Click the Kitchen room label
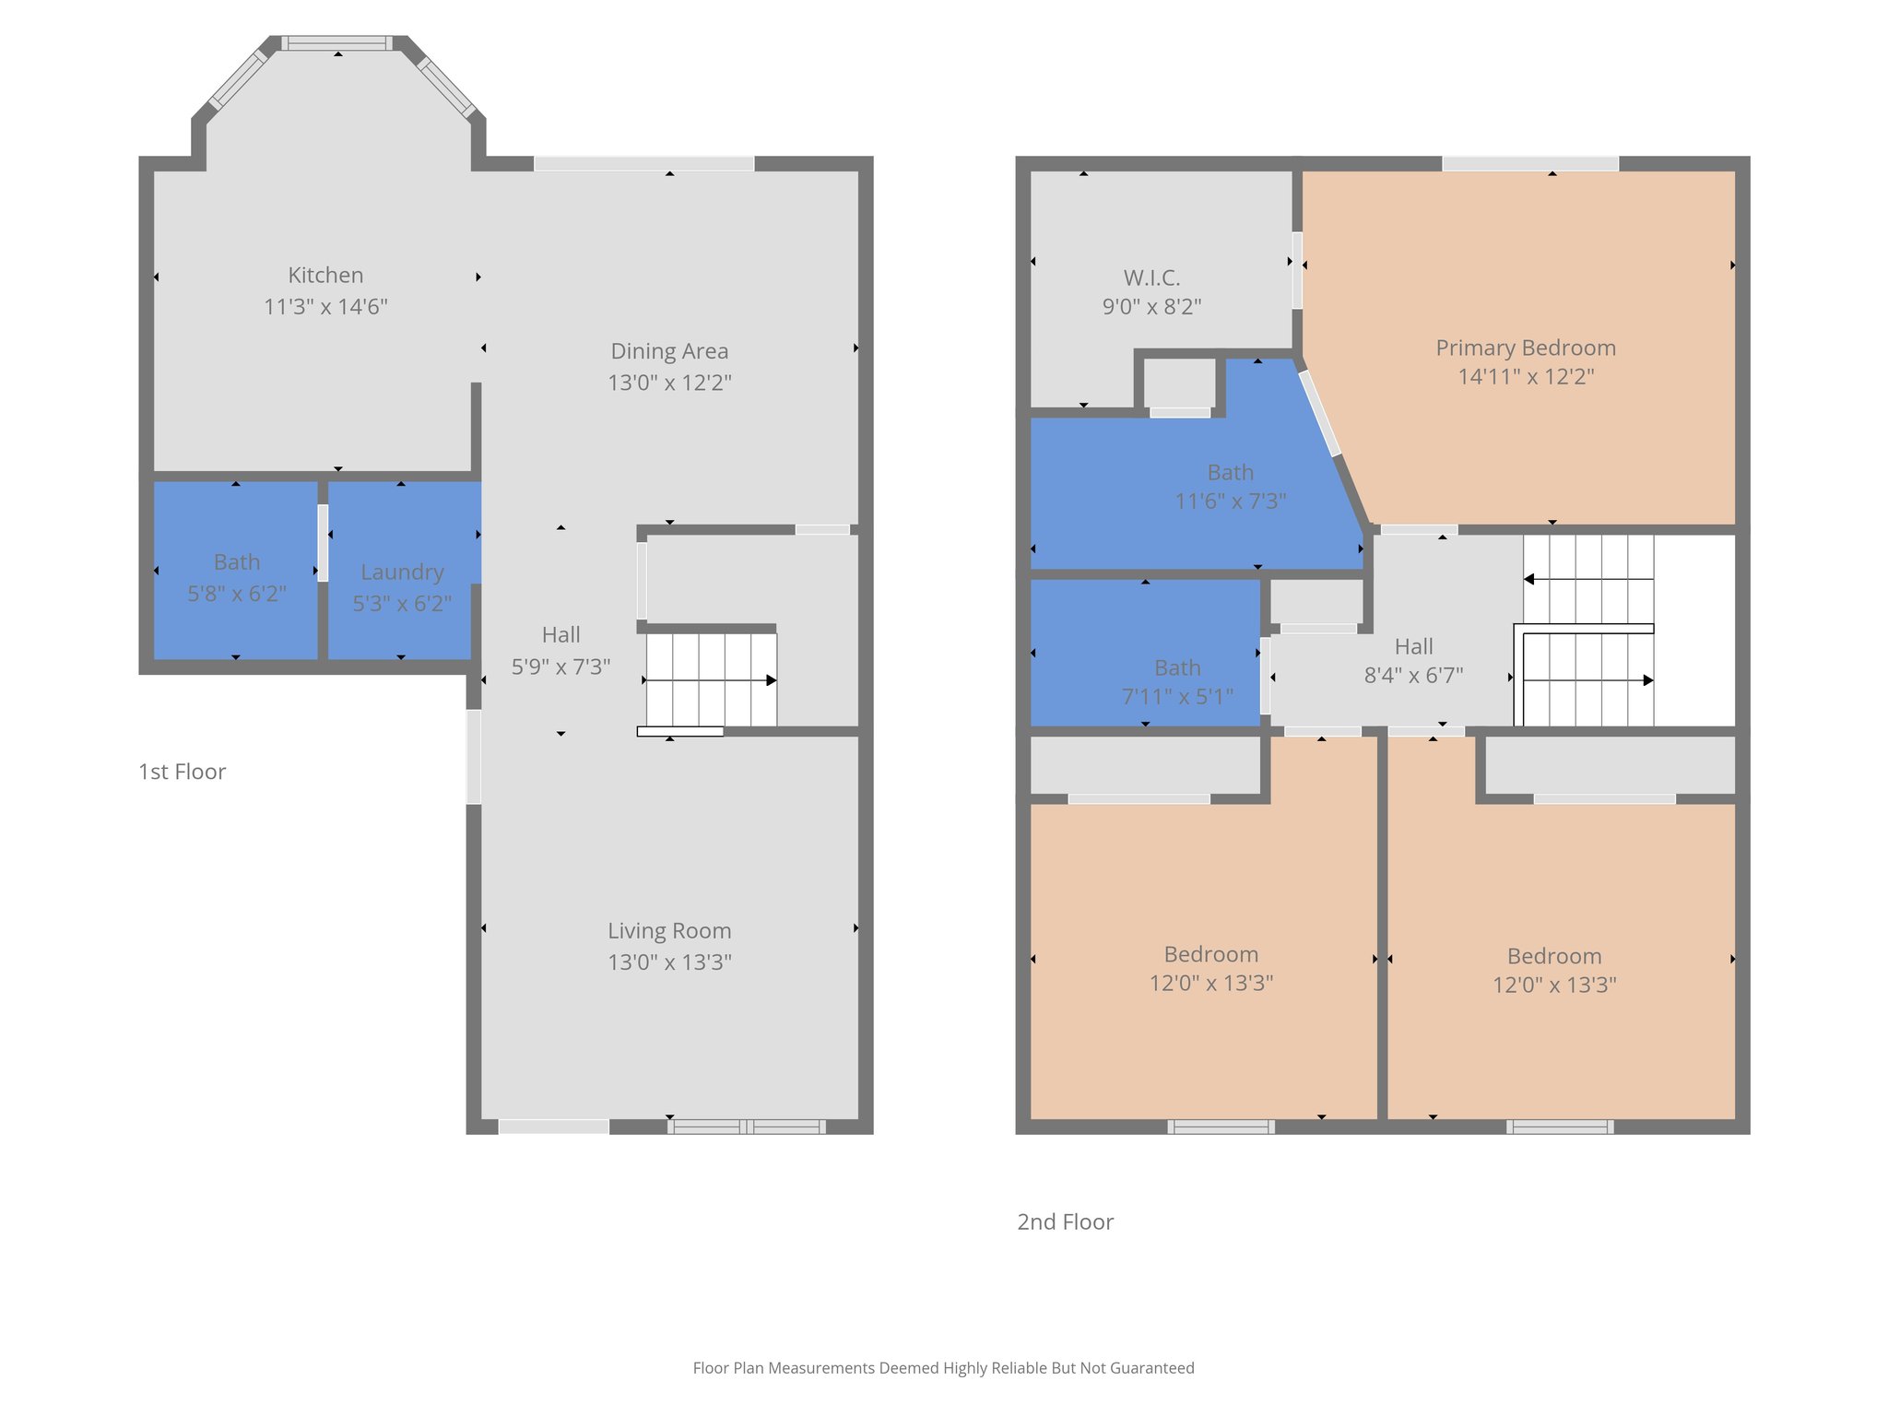(x=325, y=275)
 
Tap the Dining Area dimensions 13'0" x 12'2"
(x=669, y=383)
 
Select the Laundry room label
(x=402, y=572)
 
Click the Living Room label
(x=669, y=931)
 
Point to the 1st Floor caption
(x=182, y=772)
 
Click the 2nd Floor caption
(x=1065, y=1221)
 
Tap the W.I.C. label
(x=1151, y=277)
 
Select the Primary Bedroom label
(x=1526, y=348)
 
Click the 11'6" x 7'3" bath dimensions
(x=1231, y=501)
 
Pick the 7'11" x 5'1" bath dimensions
(x=1177, y=697)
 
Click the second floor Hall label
(x=1413, y=646)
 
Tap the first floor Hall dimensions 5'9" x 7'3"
(x=560, y=667)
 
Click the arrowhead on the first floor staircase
(x=771, y=680)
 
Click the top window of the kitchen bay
(x=336, y=43)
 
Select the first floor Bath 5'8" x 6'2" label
(x=237, y=562)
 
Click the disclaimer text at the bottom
(x=943, y=1368)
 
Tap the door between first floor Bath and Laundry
(x=323, y=543)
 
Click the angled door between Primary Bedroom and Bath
(x=1320, y=413)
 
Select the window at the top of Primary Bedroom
(x=1530, y=164)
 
